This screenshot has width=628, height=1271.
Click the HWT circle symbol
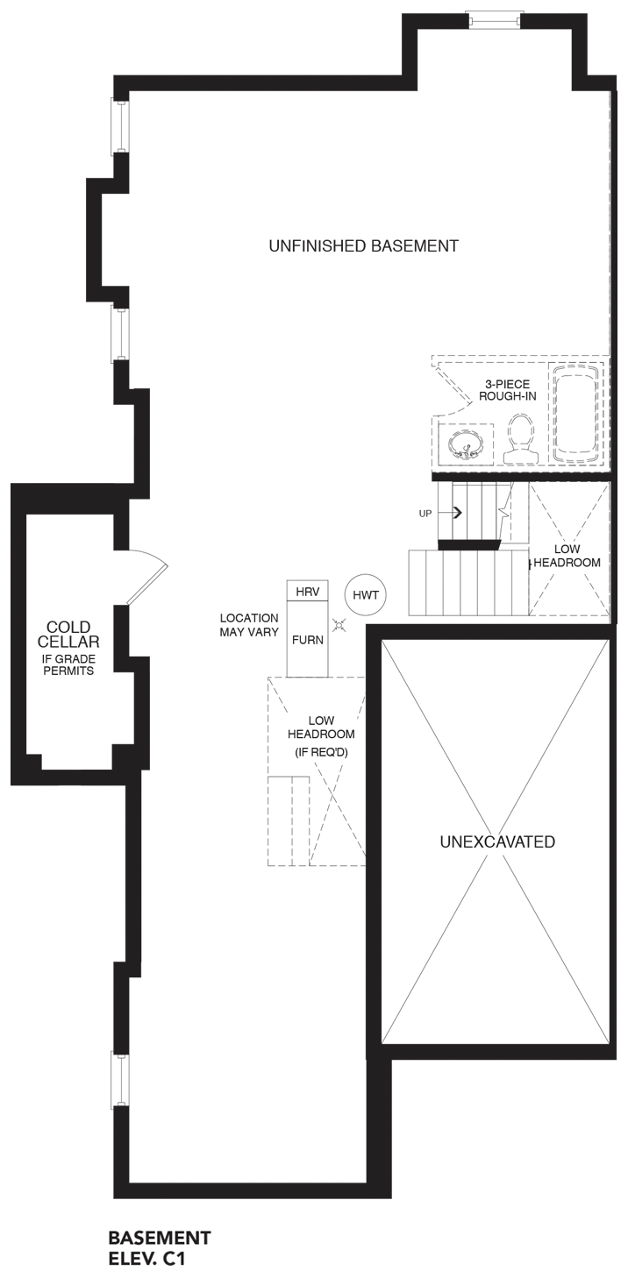coord(366,595)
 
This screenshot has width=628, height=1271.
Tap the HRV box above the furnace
coord(308,592)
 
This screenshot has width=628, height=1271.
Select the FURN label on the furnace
coord(308,640)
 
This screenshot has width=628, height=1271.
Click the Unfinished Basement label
coord(363,246)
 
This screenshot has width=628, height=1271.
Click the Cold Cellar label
coord(68,635)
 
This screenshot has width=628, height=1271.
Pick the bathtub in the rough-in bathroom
coord(575,414)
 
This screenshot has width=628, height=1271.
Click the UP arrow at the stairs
coord(456,513)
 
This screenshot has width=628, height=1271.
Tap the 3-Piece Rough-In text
coord(508,390)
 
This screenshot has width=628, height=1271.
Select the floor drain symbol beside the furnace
coord(339,625)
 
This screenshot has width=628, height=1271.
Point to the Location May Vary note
coord(249,625)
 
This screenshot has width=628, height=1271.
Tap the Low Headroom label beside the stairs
coord(567,556)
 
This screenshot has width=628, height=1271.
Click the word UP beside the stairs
coord(425,514)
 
